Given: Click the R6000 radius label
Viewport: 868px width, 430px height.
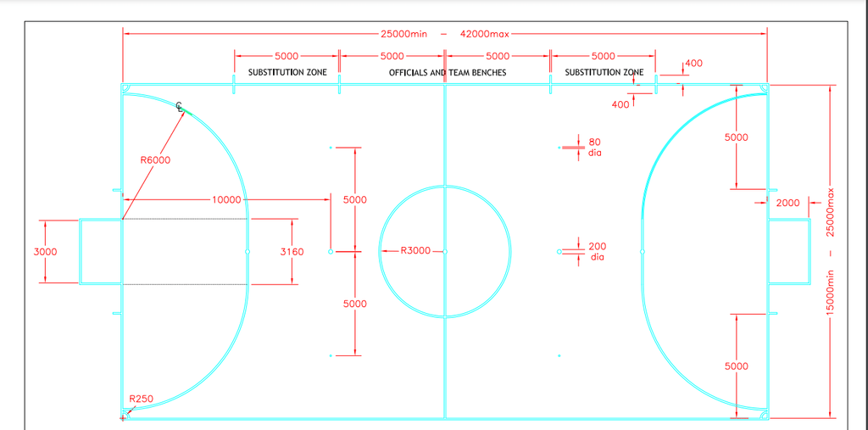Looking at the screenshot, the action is tap(156, 160).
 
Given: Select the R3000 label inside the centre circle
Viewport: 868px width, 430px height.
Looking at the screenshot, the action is tap(415, 251).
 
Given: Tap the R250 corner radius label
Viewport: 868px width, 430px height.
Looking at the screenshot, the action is tap(142, 399).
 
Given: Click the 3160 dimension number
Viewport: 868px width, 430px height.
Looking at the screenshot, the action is tap(292, 252).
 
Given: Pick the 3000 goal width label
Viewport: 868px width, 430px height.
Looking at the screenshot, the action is tap(46, 252).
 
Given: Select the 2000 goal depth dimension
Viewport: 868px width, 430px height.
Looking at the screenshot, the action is tap(787, 204).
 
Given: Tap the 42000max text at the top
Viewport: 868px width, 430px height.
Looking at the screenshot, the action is tap(484, 34).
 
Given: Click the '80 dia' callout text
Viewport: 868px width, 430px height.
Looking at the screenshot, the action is tap(594, 147).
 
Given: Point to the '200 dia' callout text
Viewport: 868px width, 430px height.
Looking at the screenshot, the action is tap(597, 252).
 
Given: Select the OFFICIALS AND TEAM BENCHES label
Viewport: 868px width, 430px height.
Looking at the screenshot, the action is tap(448, 73).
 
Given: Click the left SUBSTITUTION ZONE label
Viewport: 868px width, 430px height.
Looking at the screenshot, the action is tap(287, 73).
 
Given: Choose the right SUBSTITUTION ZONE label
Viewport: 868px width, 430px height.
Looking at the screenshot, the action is tap(604, 73).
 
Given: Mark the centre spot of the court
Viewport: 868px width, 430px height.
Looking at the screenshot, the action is tap(445, 252).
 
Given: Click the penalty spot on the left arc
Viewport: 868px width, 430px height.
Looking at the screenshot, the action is tap(248, 252).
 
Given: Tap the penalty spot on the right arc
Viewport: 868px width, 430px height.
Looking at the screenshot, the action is tap(643, 252).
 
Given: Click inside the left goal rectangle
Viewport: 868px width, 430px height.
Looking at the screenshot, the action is tap(101, 252).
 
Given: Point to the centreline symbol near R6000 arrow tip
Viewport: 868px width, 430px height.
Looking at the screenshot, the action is tap(180, 107).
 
